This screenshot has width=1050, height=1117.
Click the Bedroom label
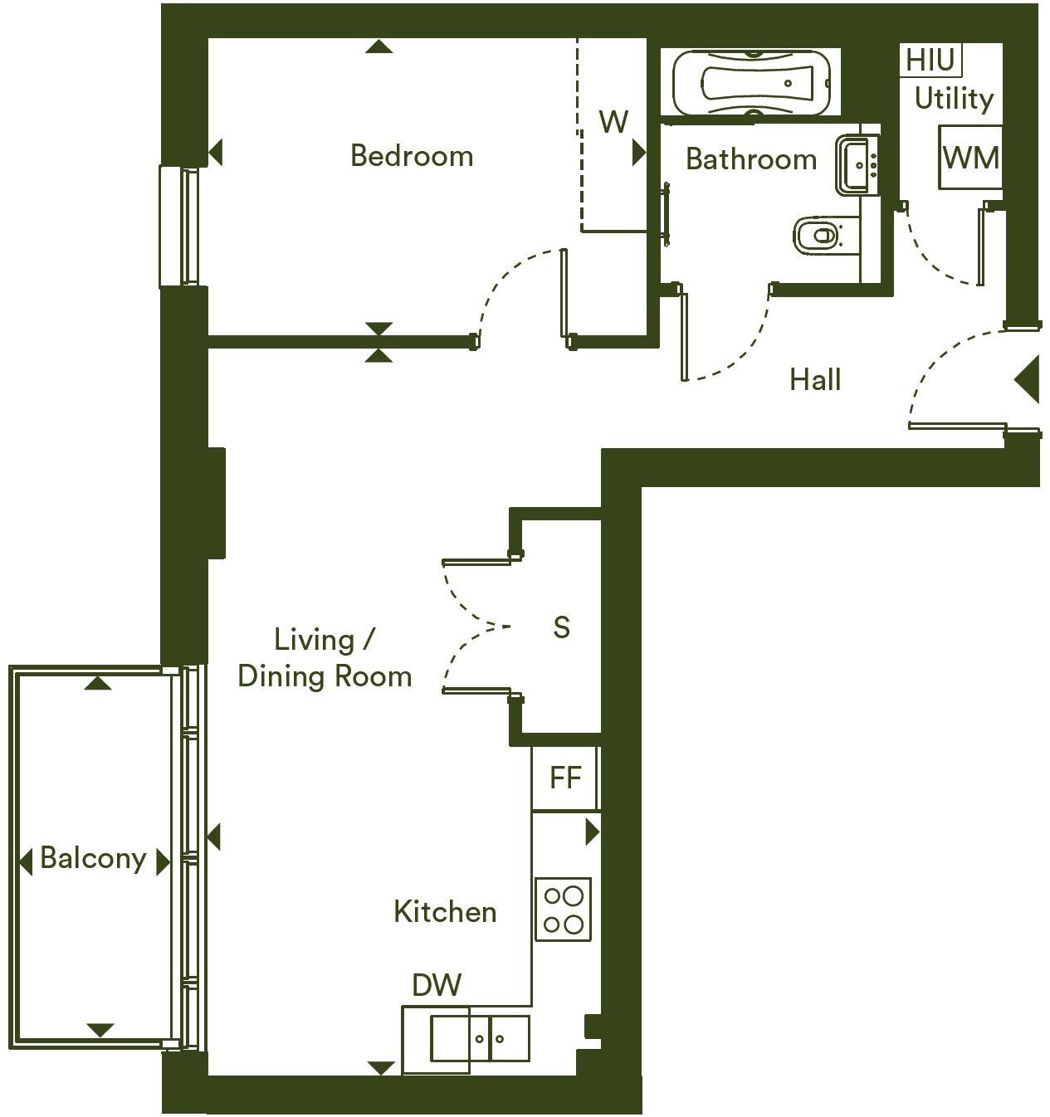pyautogui.click(x=412, y=156)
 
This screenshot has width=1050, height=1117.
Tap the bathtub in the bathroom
pyautogui.click(x=750, y=83)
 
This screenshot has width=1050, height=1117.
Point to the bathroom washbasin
pyautogui.click(x=857, y=165)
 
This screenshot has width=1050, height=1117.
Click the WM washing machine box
pyautogui.click(x=970, y=157)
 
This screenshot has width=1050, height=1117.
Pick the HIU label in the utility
pyautogui.click(x=930, y=61)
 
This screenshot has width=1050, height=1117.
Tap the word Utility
pyautogui.click(x=954, y=99)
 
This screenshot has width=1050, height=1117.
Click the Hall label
pyautogui.click(x=815, y=380)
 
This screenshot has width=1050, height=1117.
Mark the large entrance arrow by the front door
pyautogui.click(x=1028, y=380)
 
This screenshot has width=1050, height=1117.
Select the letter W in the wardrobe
pyautogui.click(x=613, y=123)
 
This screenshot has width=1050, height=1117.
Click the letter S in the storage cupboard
pyautogui.click(x=562, y=627)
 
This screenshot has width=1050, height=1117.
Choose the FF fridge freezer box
pyautogui.click(x=565, y=778)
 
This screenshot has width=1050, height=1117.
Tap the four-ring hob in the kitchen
pyautogui.click(x=563, y=909)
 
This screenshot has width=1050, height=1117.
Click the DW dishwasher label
pyautogui.click(x=437, y=985)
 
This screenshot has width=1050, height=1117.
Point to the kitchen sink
pyautogui.click(x=479, y=1038)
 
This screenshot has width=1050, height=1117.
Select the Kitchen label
pyautogui.click(x=445, y=912)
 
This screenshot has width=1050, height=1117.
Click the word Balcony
pyautogui.click(x=93, y=858)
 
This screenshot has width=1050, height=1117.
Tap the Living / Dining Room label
pyautogui.click(x=325, y=658)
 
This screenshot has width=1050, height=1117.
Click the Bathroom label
pyautogui.click(x=751, y=159)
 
